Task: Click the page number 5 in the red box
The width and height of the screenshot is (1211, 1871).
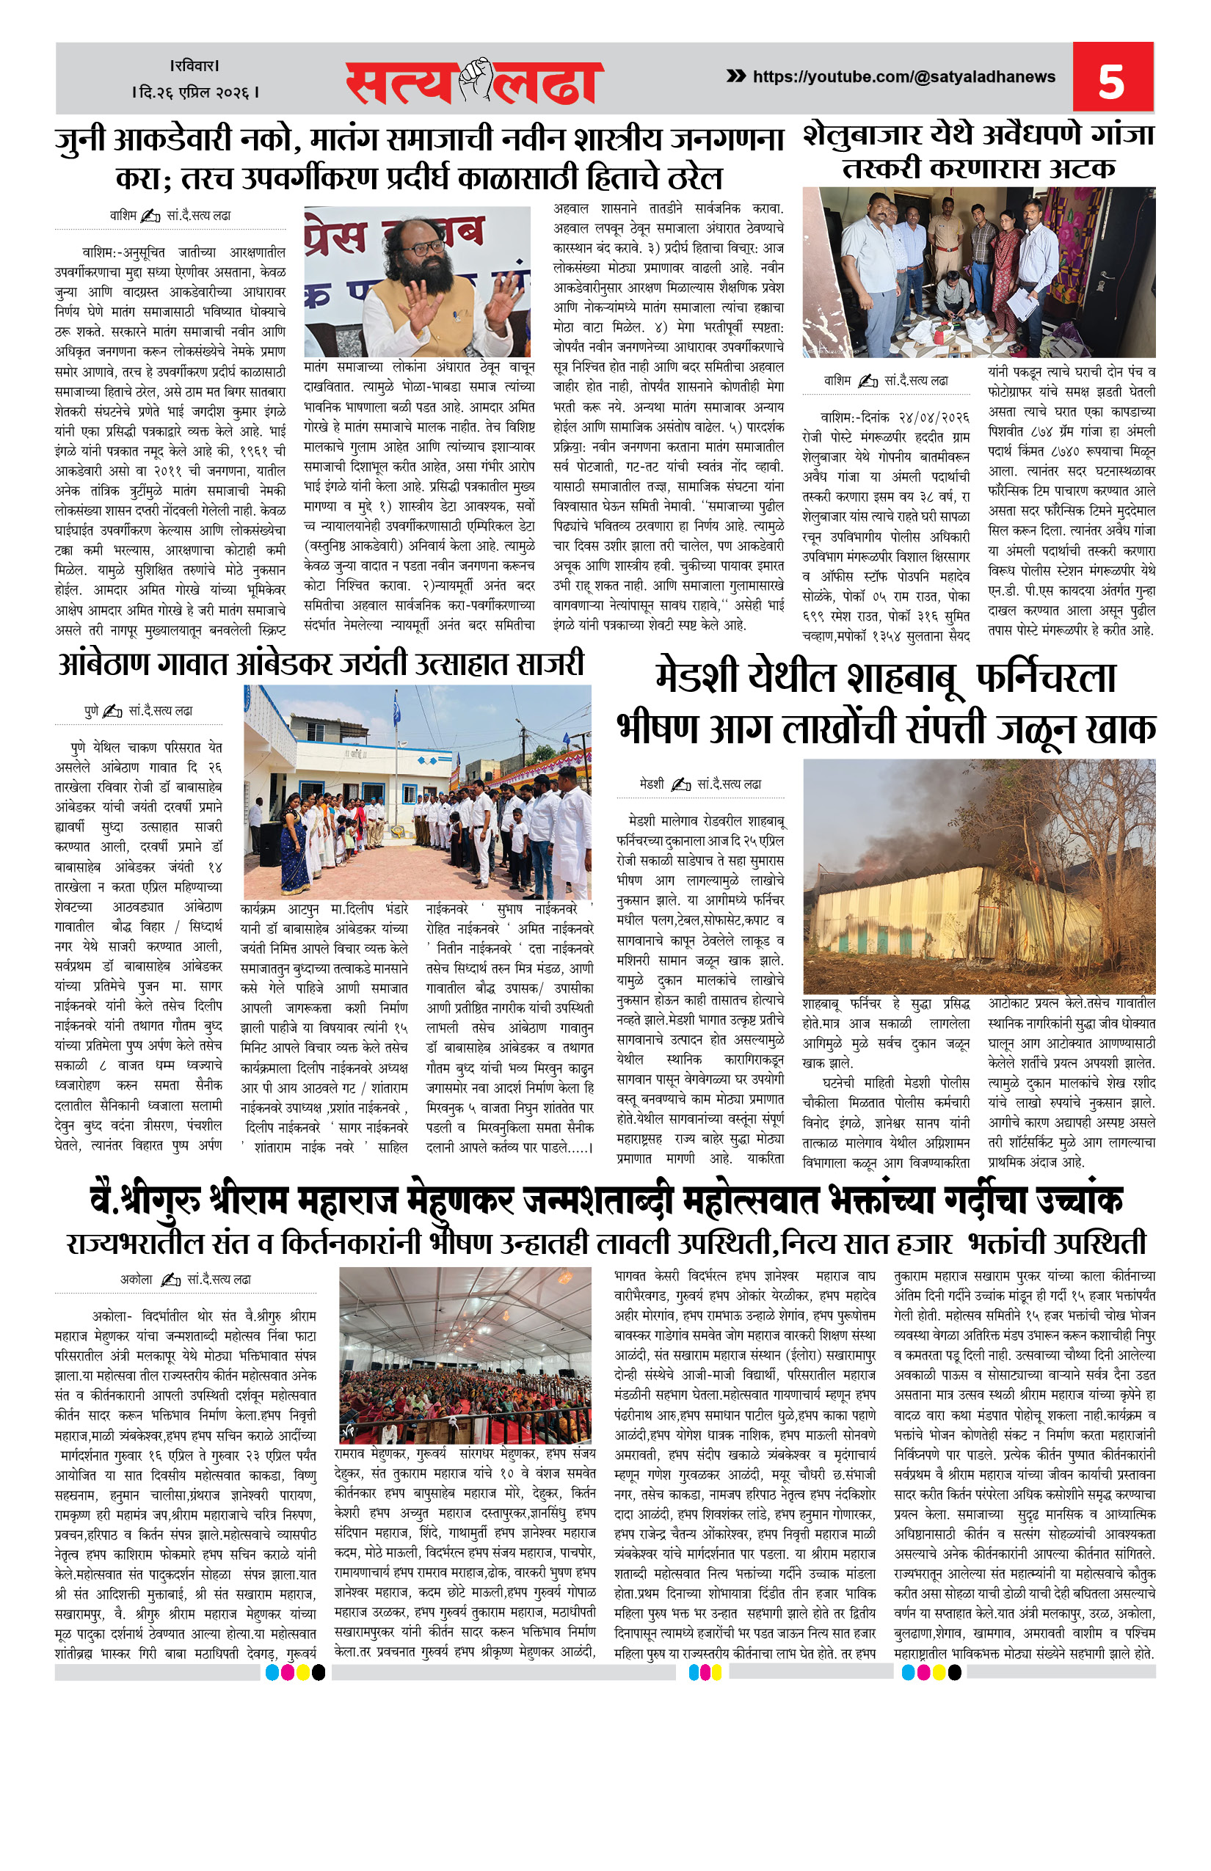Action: (1110, 80)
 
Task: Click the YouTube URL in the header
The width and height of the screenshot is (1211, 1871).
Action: (903, 77)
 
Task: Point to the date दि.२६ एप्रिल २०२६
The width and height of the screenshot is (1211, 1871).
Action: (196, 92)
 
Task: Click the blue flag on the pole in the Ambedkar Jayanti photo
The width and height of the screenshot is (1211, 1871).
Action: (396, 712)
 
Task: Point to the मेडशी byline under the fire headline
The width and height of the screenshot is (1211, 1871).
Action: (652, 784)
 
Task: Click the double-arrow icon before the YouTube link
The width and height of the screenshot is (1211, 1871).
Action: (735, 76)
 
